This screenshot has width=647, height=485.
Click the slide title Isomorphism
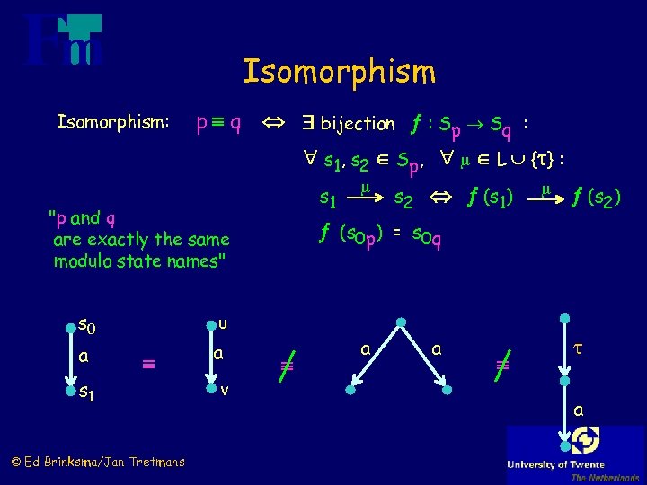pos(339,71)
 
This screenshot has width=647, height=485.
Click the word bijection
pos(358,123)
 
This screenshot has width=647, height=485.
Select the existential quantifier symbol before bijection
pos(306,122)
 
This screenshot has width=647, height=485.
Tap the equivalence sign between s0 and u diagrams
pos(148,364)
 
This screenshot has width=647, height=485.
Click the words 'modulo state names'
pos(139,261)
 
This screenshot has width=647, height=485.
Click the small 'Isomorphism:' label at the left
pos(113,121)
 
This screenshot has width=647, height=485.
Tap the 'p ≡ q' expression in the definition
pos(218,122)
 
